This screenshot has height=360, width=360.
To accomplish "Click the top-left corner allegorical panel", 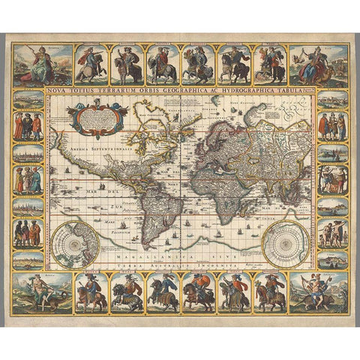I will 32,65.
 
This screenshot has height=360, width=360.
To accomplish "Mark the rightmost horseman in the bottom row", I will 271,292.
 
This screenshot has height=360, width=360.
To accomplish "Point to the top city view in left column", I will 28,100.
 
